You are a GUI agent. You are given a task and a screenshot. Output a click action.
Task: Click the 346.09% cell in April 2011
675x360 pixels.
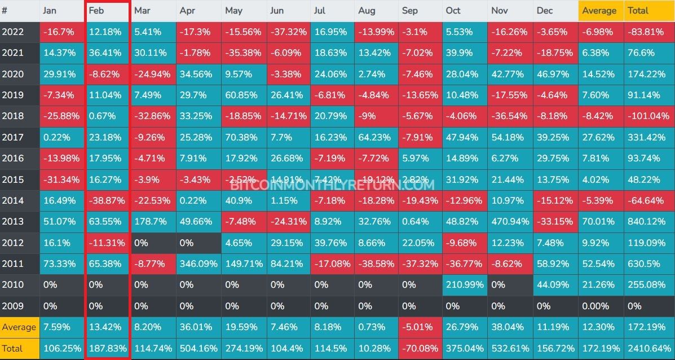pos(198,264)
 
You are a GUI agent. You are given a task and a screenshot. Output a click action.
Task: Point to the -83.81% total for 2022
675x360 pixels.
pos(648,32)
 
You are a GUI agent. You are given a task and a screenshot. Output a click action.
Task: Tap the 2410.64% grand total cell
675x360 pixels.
pos(648,348)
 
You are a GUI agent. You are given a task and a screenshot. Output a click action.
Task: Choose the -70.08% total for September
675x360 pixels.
pos(420,348)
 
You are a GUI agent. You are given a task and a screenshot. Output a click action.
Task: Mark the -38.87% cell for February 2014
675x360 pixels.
pos(107,200)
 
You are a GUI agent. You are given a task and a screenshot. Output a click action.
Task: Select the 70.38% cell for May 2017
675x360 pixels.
pos(242,137)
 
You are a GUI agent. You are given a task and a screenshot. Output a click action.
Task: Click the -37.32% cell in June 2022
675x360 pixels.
pos(288,32)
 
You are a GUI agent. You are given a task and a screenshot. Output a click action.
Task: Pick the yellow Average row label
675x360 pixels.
pos(19,327)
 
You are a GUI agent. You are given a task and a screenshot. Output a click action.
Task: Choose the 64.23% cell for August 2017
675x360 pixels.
pos(376,137)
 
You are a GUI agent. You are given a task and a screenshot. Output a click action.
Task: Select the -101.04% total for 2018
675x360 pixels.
pos(648,116)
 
